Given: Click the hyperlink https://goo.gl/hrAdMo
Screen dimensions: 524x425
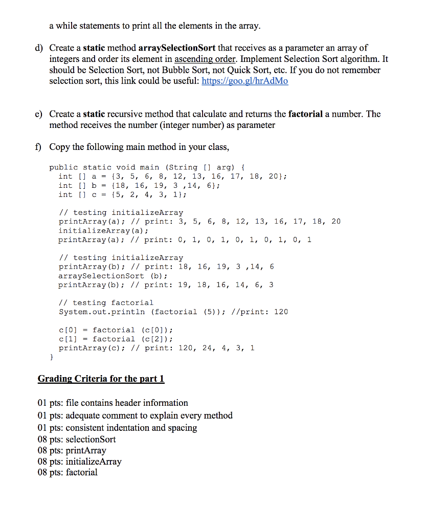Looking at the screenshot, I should (245, 81).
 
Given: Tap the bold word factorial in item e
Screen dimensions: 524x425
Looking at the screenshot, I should (305, 114).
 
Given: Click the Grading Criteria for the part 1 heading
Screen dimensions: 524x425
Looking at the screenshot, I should (101, 379).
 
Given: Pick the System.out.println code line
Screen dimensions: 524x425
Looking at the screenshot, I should (173, 312).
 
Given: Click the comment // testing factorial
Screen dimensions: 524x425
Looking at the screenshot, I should (106, 302).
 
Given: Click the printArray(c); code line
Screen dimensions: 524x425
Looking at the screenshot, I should (156, 348).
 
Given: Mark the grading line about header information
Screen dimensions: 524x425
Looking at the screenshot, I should (113, 403).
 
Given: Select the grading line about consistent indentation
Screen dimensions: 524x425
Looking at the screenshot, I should (117, 427).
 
